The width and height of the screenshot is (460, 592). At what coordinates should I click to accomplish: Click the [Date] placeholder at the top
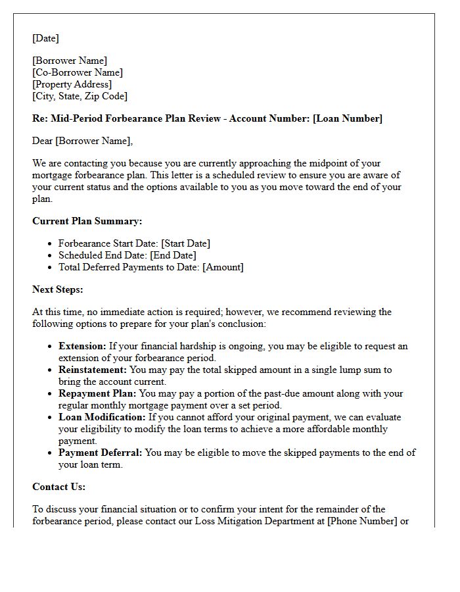(x=45, y=38)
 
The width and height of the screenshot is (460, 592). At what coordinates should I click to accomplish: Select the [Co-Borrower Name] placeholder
(x=78, y=72)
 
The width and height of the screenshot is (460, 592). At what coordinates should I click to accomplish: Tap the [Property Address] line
(x=72, y=84)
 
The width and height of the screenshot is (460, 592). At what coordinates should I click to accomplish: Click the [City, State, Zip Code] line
(x=80, y=96)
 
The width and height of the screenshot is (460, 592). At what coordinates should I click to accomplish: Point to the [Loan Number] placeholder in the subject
(x=347, y=118)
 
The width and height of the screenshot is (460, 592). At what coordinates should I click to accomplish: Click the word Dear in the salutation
(x=43, y=141)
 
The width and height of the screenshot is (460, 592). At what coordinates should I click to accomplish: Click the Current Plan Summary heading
(x=87, y=221)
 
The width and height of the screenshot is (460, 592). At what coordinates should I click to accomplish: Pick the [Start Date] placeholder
(x=185, y=243)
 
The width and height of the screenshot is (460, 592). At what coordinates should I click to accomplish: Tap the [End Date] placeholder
(x=173, y=255)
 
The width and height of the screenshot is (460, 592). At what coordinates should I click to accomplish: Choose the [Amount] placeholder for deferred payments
(x=223, y=267)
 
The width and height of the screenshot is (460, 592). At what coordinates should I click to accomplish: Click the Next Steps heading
(x=58, y=289)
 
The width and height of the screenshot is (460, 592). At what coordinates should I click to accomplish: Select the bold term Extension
(x=82, y=346)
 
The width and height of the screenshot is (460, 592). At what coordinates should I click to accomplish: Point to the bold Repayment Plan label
(x=96, y=393)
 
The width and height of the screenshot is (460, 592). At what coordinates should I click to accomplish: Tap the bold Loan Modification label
(x=102, y=417)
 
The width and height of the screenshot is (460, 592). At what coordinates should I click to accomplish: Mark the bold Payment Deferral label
(x=101, y=453)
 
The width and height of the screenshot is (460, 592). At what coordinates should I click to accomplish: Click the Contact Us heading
(x=59, y=487)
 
